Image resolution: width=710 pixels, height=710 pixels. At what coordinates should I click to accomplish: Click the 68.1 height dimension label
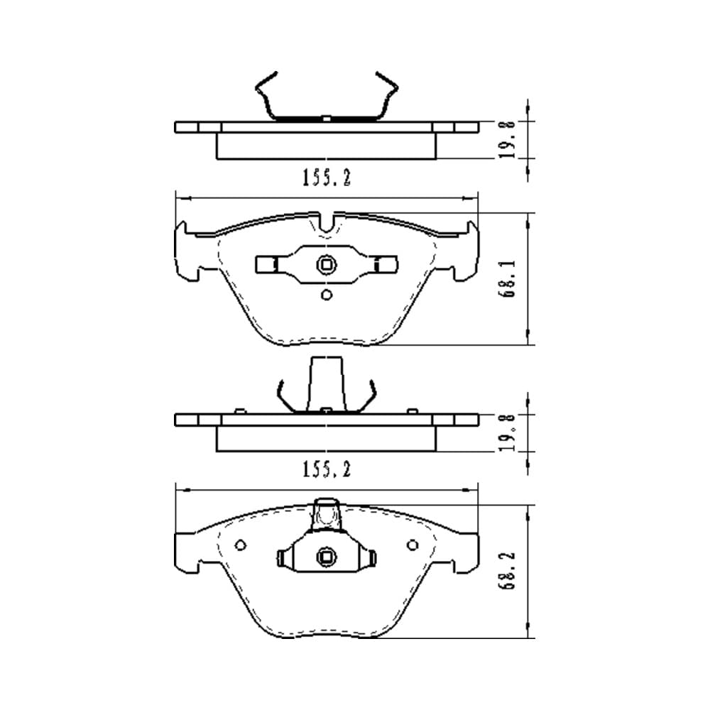click(507, 278)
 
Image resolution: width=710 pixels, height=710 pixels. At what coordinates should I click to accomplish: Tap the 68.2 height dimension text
click(507, 571)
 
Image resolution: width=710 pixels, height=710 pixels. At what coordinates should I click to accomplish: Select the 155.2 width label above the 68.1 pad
click(327, 177)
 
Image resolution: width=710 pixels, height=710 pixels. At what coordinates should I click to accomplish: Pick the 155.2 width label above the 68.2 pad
click(327, 469)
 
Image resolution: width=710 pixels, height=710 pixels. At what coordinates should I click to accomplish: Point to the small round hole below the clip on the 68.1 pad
click(327, 295)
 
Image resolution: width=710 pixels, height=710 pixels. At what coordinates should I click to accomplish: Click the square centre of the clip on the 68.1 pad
click(326, 264)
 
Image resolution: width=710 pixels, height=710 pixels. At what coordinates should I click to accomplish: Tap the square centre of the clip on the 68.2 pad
click(326, 557)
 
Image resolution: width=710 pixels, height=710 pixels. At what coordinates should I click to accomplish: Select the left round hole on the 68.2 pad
click(241, 545)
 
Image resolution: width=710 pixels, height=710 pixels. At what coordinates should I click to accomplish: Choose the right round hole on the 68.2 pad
click(413, 545)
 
